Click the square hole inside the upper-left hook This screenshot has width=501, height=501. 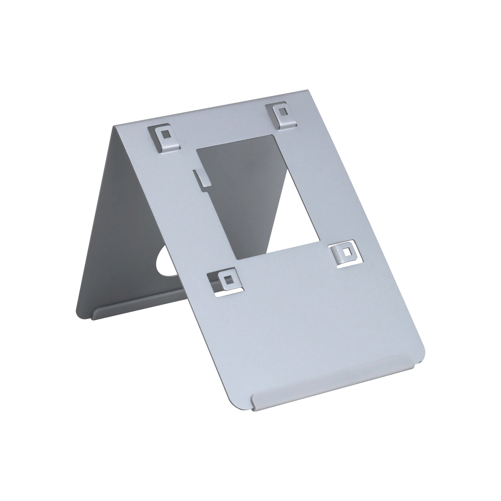pos(167,134)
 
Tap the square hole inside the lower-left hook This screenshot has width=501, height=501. pos(227,279)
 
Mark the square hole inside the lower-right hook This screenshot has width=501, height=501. pos(346,252)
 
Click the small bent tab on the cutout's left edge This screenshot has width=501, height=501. pos(198,177)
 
